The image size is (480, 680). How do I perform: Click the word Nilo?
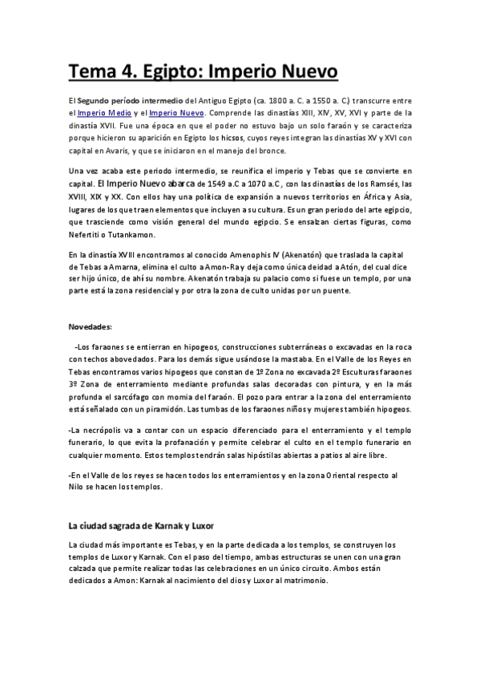tap(77, 488)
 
